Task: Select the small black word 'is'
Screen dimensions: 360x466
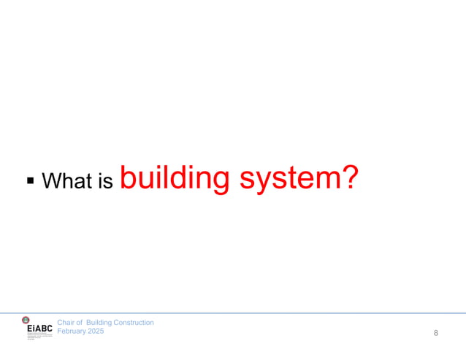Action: (x=105, y=181)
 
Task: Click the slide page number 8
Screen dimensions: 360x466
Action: (x=436, y=333)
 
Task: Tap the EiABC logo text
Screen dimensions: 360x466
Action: (x=39, y=330)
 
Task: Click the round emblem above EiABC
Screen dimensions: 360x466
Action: (x=26, y=320)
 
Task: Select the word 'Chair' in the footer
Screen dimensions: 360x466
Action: (x=66, y=322)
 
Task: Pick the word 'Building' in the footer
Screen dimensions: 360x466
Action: (x=100, y=322)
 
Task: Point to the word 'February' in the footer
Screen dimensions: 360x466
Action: (x=73, y=331)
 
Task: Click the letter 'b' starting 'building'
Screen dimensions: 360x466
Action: (x=126, y=176)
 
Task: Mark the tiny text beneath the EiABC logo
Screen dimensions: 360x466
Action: (x=39, y=337)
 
